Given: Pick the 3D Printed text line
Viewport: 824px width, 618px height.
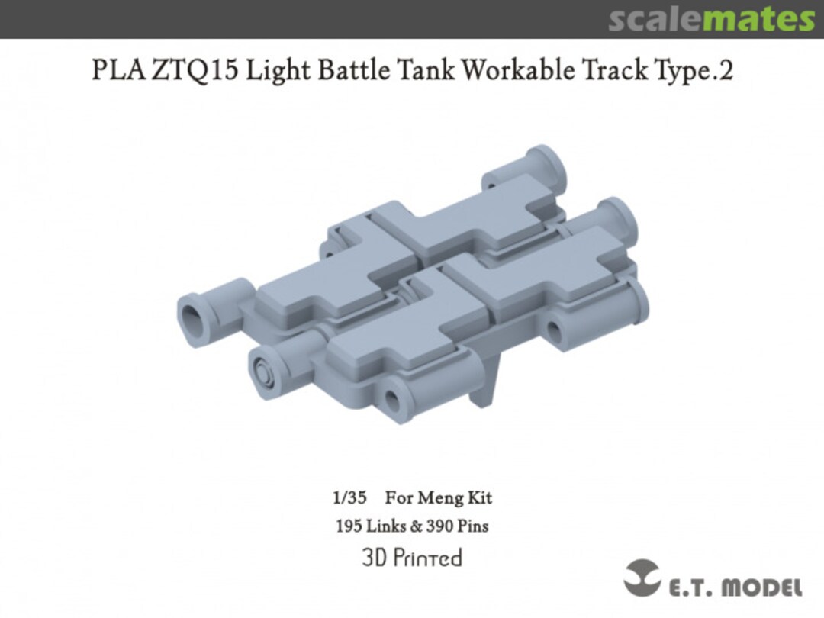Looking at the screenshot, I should point(412,558).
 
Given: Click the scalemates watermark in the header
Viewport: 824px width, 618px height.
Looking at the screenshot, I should point(710,19).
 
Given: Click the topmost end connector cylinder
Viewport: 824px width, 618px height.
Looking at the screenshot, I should point(542,163).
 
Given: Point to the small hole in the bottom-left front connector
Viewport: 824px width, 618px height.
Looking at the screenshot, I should point(393,400).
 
